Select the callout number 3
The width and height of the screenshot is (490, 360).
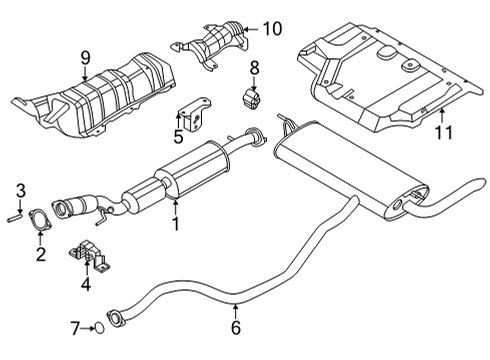(20, 189)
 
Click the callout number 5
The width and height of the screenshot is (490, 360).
(179, 136)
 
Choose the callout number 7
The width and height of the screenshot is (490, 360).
(74, 327)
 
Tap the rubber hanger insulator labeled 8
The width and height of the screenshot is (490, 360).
(254, 101)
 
